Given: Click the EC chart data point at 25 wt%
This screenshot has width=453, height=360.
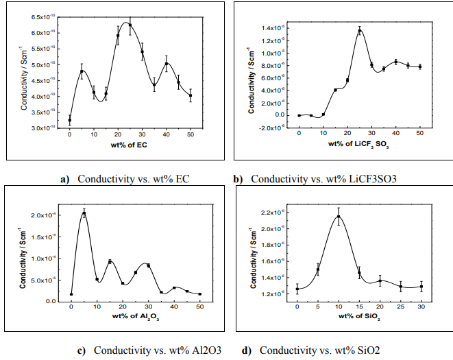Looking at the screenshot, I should (130, 25).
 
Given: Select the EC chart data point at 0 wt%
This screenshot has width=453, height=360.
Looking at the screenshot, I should (69, 120).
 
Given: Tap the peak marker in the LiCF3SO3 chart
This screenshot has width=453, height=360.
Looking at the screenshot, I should (360, 31).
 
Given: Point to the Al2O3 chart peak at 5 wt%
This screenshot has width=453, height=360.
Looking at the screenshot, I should (84, 213).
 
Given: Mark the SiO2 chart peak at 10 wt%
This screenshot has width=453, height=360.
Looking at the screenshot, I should (339, 217).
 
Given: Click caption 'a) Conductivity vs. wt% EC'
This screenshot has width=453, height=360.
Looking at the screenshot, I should (125, 180).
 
